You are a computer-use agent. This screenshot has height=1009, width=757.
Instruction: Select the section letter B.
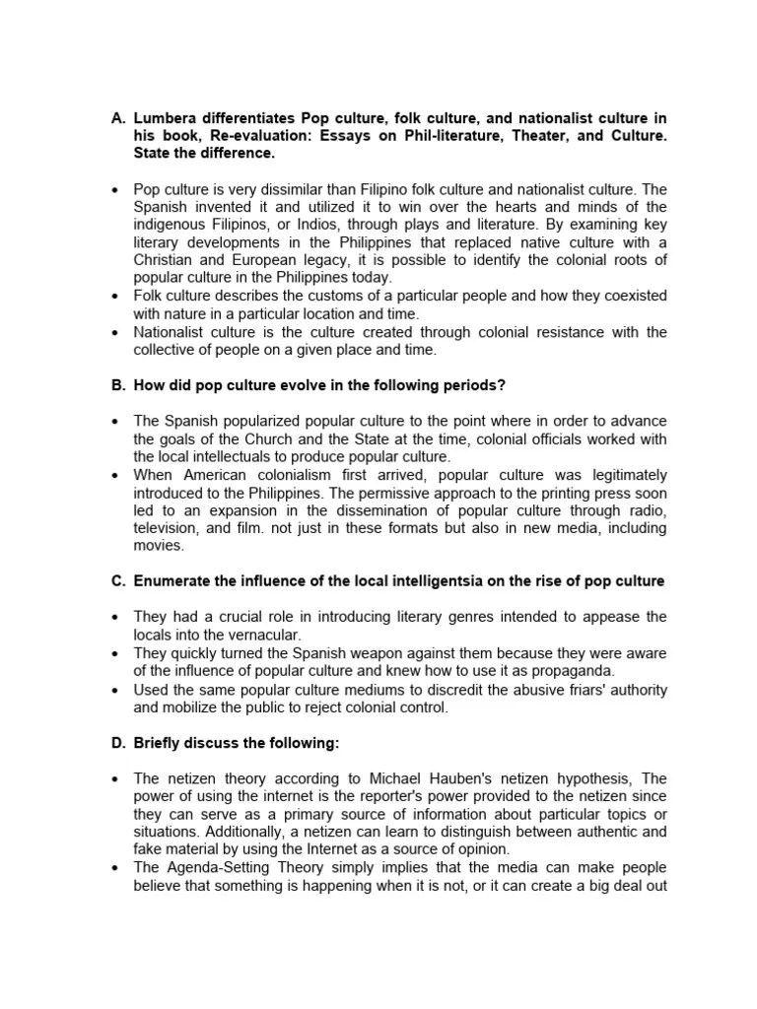(117, 385)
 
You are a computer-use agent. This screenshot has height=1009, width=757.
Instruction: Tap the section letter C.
(117, 581)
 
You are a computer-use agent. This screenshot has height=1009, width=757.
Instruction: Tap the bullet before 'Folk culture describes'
(117, 296)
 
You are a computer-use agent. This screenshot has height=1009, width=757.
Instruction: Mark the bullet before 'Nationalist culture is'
(117, 331)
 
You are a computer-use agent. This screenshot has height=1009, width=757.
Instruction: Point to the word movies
(158, 545)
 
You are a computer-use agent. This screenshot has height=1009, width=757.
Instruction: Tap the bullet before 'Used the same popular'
(117, 688)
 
